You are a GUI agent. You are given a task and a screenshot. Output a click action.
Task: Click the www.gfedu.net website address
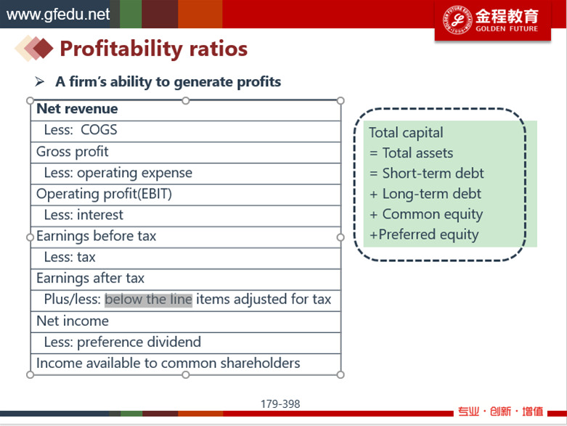pyautogui.click(x=58, y=14)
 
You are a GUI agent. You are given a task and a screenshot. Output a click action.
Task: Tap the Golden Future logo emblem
pyautogui.click(x=457, y=20)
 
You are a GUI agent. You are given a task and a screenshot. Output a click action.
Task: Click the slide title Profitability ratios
pyautogui.click(x=154, y=49)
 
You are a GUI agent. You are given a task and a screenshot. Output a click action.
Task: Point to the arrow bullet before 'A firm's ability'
pyautogui.click(x=40, y=82)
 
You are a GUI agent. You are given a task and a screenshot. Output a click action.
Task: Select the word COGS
pyautogui.click(x=99, y=130)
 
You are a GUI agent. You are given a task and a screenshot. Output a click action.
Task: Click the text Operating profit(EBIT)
pyautogui.click(x=104, y=194)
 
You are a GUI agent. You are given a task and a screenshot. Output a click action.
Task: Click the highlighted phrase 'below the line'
pyautogui.click(x=148, y=300)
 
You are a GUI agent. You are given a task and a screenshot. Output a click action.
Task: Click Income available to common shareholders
pyautogui.click(x=168, y=363)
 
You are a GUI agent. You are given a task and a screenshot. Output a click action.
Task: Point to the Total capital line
pyautogui.click(x=406, y=133)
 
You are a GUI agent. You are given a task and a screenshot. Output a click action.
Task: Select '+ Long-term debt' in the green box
pyautogui.click(x=425, y=194)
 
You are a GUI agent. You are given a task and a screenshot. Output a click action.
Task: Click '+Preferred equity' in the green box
pyautogui.click(x=424, y=235)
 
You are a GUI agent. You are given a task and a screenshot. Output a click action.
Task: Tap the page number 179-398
pyautogui.click(x=280, y=404)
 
